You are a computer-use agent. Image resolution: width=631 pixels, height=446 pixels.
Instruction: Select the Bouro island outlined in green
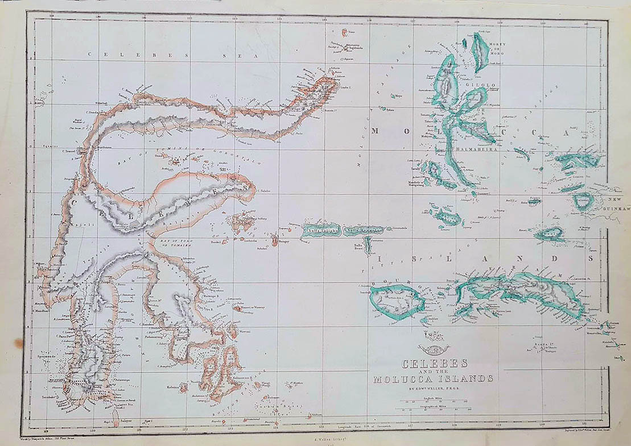(398, 301)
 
